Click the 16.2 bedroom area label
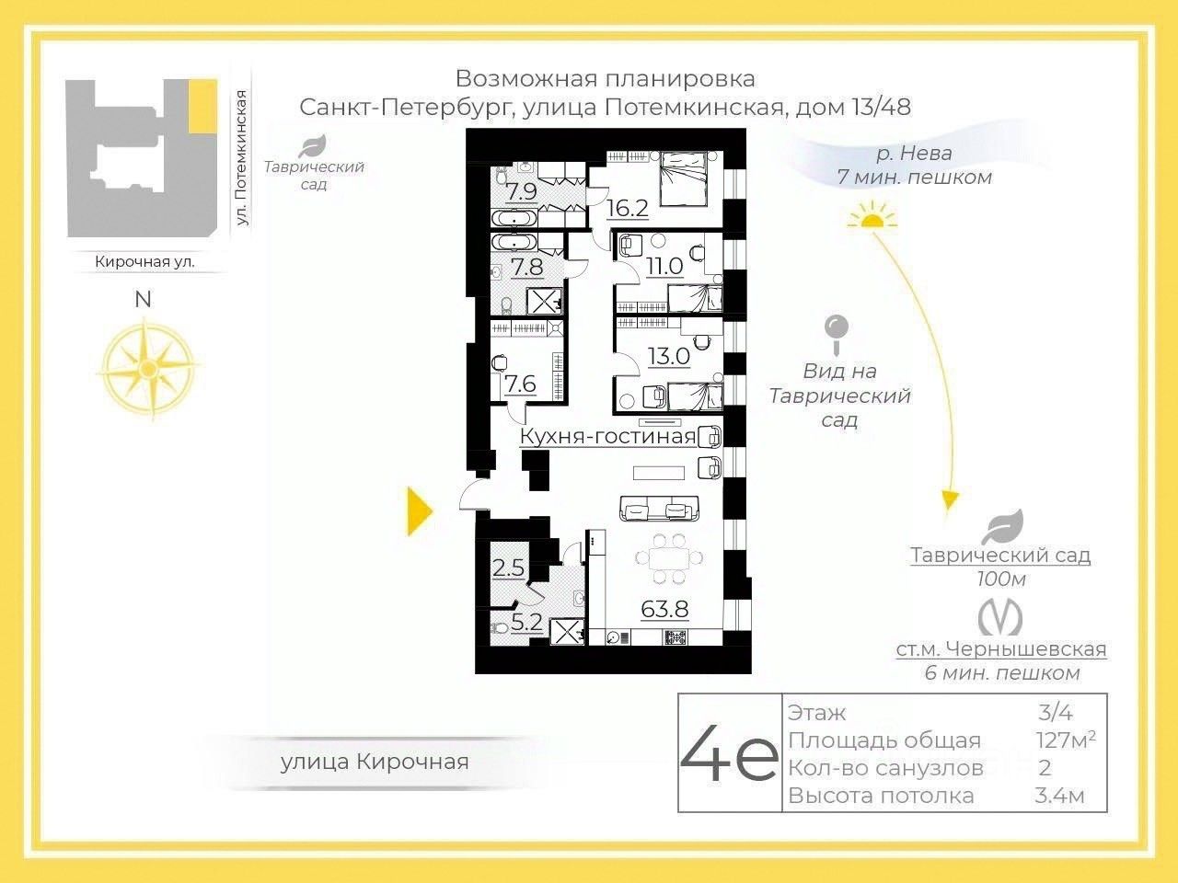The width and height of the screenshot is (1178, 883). coord(628,208)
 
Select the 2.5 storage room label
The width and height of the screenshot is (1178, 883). coord(508,568)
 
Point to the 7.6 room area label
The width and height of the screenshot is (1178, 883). coord(521,383)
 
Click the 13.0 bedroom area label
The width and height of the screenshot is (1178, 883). coord(669,356)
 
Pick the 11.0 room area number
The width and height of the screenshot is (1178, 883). coord(664,267)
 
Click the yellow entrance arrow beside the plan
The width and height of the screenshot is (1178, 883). coord(420,511)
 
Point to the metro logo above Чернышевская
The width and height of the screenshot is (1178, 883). coord(999,617)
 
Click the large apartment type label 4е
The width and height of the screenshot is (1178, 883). coord(730,753)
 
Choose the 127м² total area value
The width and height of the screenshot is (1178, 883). coord(1065,740)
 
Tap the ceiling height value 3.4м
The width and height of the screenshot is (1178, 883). coord(1059,796)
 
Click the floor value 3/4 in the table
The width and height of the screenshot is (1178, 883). coord(1055,712)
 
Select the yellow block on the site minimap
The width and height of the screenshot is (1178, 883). coord(202,107)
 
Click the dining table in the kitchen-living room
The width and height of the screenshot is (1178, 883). coord(669,559)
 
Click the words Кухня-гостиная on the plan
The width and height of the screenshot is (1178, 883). coord(607,436)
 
